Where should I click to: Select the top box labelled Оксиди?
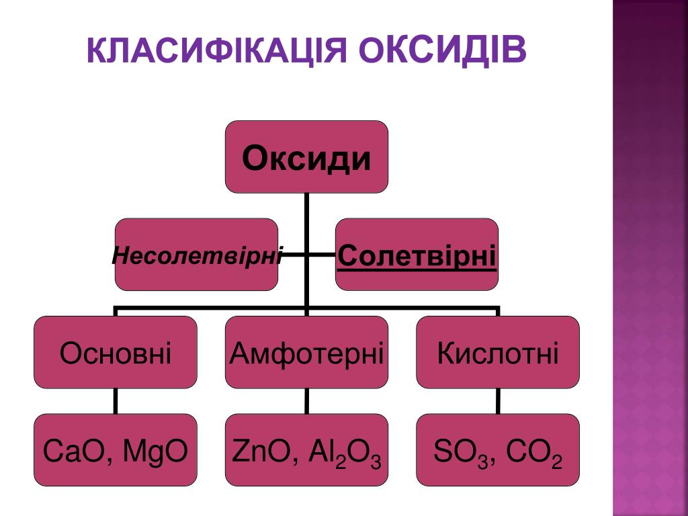tap(306, 157)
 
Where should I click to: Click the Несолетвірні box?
tap(196, 255)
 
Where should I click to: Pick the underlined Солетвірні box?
tap(417, 255)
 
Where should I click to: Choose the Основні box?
tap(116, 352)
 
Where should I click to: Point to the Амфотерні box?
tap(306, 352)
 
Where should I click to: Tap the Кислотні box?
tap(498, 352)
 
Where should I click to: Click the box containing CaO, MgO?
tap(116, 450)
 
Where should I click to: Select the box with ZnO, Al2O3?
tap(306, 450)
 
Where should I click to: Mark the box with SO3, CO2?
tap(498, 450)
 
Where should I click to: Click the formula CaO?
tap(72, 451)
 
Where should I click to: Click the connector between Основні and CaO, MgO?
tap(116, 401)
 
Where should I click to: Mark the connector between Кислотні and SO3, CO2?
tap(498, 401)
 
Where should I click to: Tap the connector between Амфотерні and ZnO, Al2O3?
tap(306, 401)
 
